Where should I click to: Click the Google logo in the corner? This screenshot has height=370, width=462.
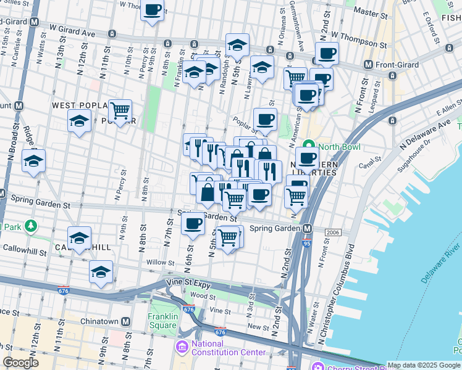20,363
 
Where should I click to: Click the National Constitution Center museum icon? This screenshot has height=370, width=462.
183,348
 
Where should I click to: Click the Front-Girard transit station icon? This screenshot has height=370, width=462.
369,65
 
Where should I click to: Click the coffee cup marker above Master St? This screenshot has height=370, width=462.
153,9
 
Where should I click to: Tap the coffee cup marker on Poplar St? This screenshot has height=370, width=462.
265,119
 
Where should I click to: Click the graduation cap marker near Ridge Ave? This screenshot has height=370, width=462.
33,161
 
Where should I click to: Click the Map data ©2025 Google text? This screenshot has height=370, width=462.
424,365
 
